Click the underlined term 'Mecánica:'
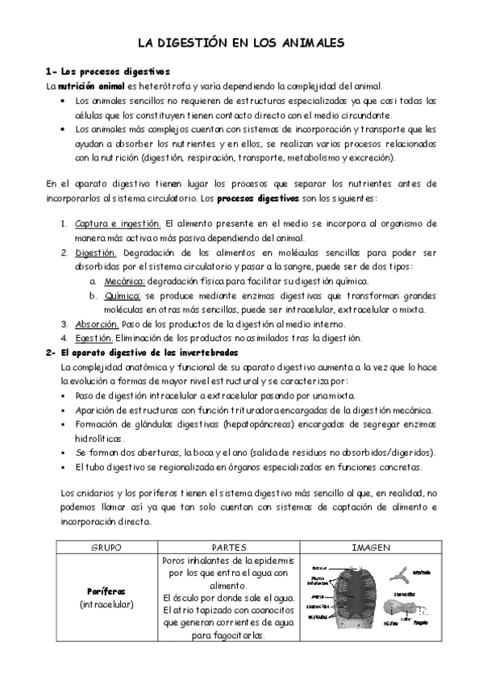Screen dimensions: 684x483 [x=123, y=281]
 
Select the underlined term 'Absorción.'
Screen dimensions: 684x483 [x=96, y=323]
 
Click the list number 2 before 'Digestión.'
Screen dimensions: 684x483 [x=64, y=252]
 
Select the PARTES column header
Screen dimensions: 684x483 [x=228, y=547]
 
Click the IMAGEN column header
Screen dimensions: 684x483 [x=371, y=547]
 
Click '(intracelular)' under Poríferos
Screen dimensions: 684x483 [x=102, y=604]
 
